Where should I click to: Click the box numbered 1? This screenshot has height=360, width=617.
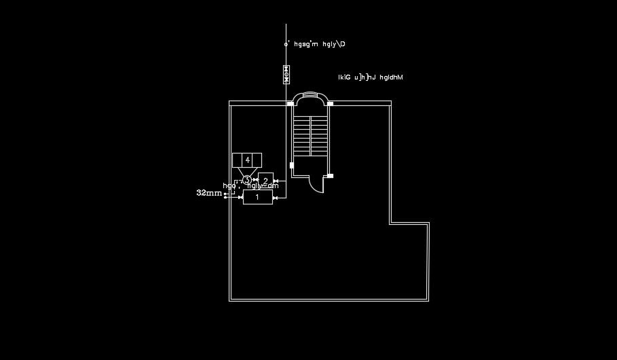[257, 197]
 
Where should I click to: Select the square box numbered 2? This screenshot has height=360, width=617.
[265, 180]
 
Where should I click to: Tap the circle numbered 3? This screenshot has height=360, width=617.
[247, 179]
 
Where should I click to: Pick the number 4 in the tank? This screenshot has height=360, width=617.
[247, 160]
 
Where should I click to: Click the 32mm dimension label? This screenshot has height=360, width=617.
[209, 193]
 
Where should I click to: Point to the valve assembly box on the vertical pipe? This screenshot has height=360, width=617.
[286, 74]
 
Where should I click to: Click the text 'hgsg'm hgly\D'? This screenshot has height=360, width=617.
[320, 44]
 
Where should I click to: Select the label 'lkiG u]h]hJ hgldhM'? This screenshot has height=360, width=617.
[371, 77]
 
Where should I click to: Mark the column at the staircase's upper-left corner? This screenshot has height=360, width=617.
[291, 103]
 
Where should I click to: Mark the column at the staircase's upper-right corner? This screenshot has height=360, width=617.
[331, 103]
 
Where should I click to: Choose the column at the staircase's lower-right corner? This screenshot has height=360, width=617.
[330, 176]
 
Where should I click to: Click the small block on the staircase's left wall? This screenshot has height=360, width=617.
[292, 164]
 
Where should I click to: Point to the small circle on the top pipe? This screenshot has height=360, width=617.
[286, 45]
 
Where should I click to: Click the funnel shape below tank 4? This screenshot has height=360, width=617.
[247, 170]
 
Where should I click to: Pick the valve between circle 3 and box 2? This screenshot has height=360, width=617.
[255, 180]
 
